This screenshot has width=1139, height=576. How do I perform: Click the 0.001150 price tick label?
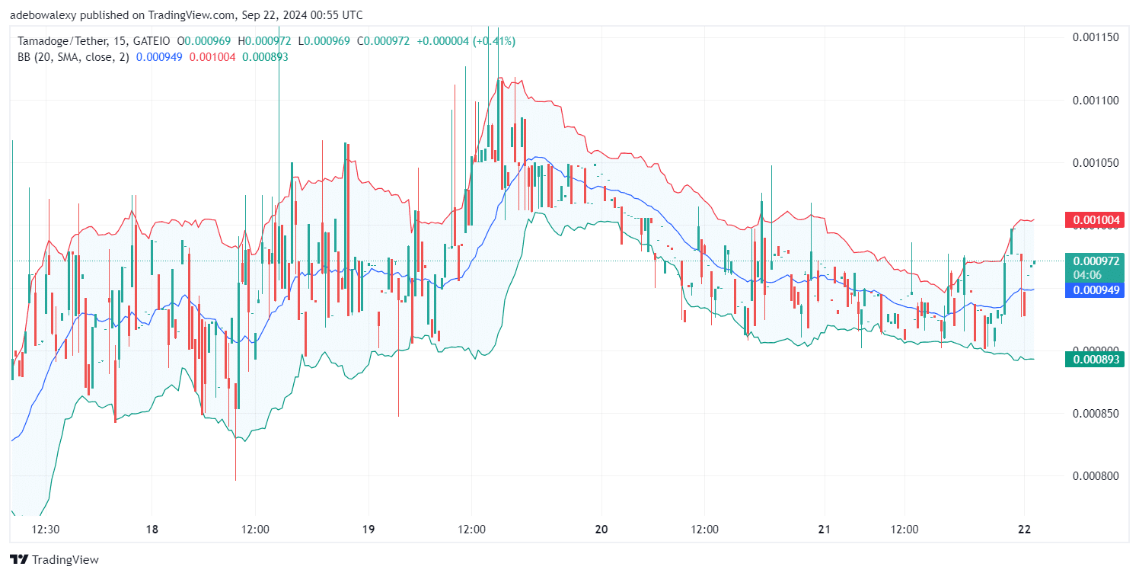1095,37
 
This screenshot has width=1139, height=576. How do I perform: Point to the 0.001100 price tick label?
1095,100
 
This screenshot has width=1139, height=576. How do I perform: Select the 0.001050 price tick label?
1095,163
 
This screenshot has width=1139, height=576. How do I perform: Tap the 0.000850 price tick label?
1095,414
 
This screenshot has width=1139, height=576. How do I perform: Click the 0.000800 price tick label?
1095,476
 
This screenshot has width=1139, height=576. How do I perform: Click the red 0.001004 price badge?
1096,221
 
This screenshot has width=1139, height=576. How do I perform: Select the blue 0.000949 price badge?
1096,290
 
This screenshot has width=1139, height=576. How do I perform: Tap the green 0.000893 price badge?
1096,360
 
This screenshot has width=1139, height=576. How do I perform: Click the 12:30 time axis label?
47,530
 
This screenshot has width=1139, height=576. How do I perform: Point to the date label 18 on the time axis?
152,530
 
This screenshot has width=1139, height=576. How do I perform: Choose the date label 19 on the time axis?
368,530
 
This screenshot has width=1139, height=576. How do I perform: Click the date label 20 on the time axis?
601,530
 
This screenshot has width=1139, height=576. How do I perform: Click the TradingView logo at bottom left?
55,560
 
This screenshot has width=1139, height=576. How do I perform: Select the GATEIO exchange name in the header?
152,40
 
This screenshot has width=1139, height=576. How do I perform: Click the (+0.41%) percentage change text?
493,40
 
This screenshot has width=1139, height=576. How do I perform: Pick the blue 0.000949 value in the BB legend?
159,56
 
